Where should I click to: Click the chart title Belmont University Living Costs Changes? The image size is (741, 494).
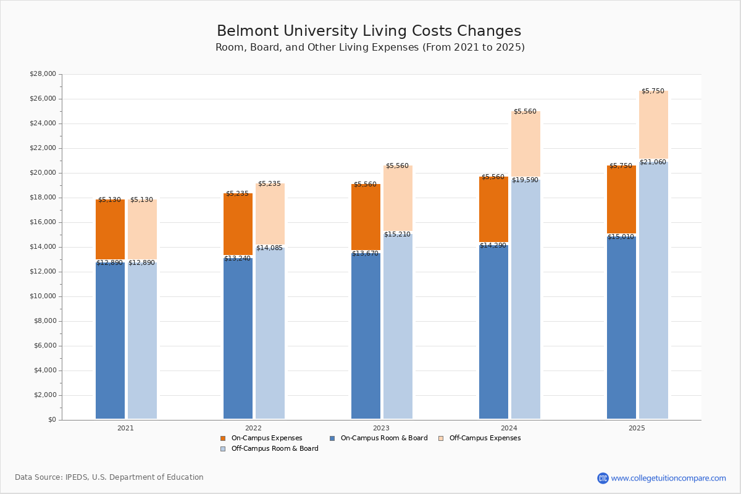(369, 31)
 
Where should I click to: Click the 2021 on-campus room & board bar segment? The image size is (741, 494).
(110, 340)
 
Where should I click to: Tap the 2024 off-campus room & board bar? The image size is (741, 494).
(525, 299)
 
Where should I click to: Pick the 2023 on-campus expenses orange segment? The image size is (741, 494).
(366, 217)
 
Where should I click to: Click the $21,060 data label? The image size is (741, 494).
(653, 162)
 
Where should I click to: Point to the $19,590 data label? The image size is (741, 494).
(525, 180)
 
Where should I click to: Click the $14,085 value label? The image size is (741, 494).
(269, 248)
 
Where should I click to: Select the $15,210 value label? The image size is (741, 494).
(397, 235)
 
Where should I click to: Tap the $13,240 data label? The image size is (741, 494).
(237, 259)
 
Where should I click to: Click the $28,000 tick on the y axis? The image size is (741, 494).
(43, 74)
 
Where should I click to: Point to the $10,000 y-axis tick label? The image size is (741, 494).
(43, 296)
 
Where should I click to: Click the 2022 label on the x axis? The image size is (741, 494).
(253, 428)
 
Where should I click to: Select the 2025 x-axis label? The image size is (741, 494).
(637, 428)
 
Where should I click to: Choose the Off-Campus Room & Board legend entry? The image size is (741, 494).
(274, 449)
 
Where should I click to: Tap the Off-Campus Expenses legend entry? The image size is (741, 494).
(484, 438)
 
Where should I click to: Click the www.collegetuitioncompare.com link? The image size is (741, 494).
(668, 478)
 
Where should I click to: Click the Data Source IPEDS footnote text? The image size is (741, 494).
(109, 477)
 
